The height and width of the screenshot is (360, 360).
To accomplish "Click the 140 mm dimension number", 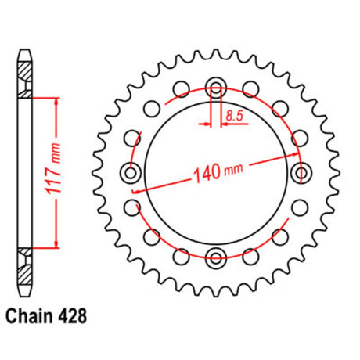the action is point(218,172).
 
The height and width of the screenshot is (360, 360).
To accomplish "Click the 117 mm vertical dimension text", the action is point(54,168).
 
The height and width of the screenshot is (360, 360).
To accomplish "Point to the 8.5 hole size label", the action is point(234,116).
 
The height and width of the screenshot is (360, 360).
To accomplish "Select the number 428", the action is point(71,316).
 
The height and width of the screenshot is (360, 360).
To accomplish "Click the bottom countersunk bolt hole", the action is point(216,258).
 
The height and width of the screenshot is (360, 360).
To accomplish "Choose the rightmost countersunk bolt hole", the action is point(302,172).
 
